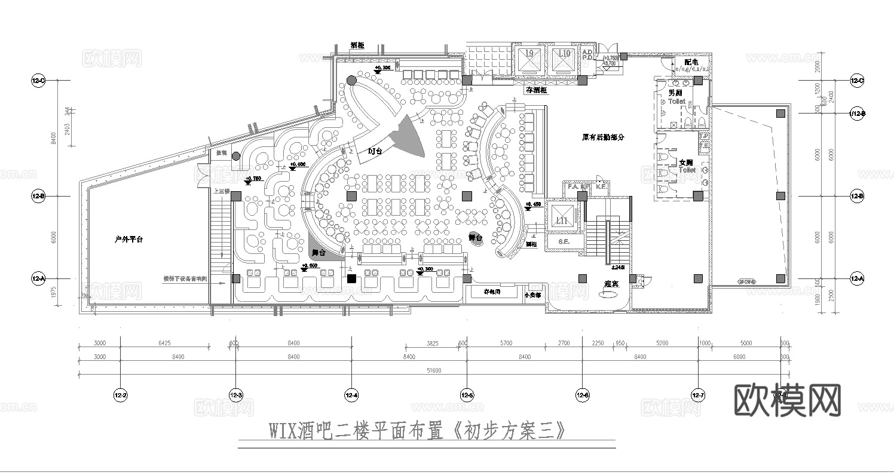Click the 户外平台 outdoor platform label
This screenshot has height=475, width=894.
coord(128,239)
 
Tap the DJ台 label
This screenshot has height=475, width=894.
coord(375,152)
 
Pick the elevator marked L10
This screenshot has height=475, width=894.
coord(562,59)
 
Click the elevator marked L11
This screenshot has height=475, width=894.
coord(562,217)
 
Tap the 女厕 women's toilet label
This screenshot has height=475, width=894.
coord(686,163)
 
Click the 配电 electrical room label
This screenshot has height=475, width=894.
coord(691,62)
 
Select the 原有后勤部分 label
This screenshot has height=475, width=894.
coord(603,137)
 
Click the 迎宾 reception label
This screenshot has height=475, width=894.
coord(611,284)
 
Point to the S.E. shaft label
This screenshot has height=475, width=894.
coord(563,241)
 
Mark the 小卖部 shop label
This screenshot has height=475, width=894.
coord(533,295)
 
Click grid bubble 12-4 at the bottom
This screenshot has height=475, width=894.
coord(352,395)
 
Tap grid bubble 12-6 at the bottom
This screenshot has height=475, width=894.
coord(583,395)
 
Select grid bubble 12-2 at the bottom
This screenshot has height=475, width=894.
coord(121,395)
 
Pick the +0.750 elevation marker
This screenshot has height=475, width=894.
coord(253,178)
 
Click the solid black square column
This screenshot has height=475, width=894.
coord(352,278)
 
